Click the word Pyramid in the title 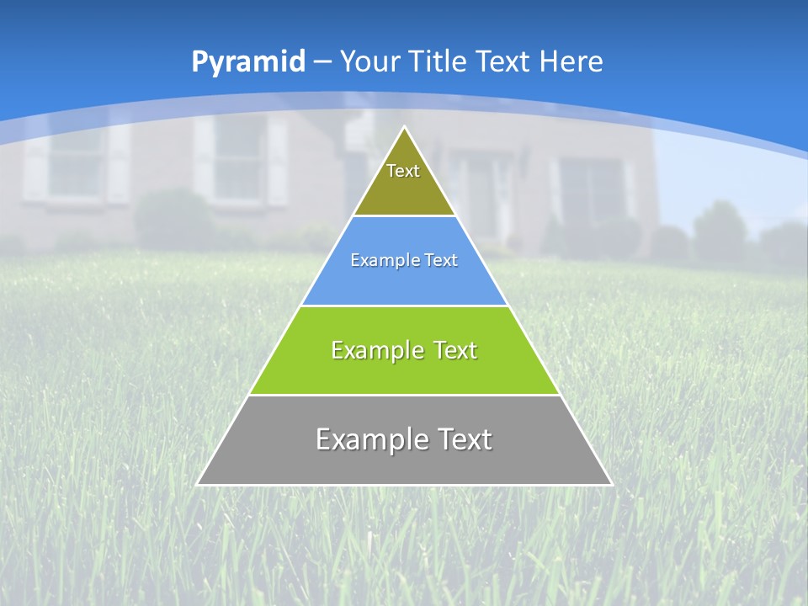coord(247,62)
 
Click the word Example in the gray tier coord(367,439)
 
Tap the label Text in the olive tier coord(403,171)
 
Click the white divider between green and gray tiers coord(404,395)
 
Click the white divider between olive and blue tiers coord(404,215)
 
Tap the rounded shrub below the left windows coord(173,219)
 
